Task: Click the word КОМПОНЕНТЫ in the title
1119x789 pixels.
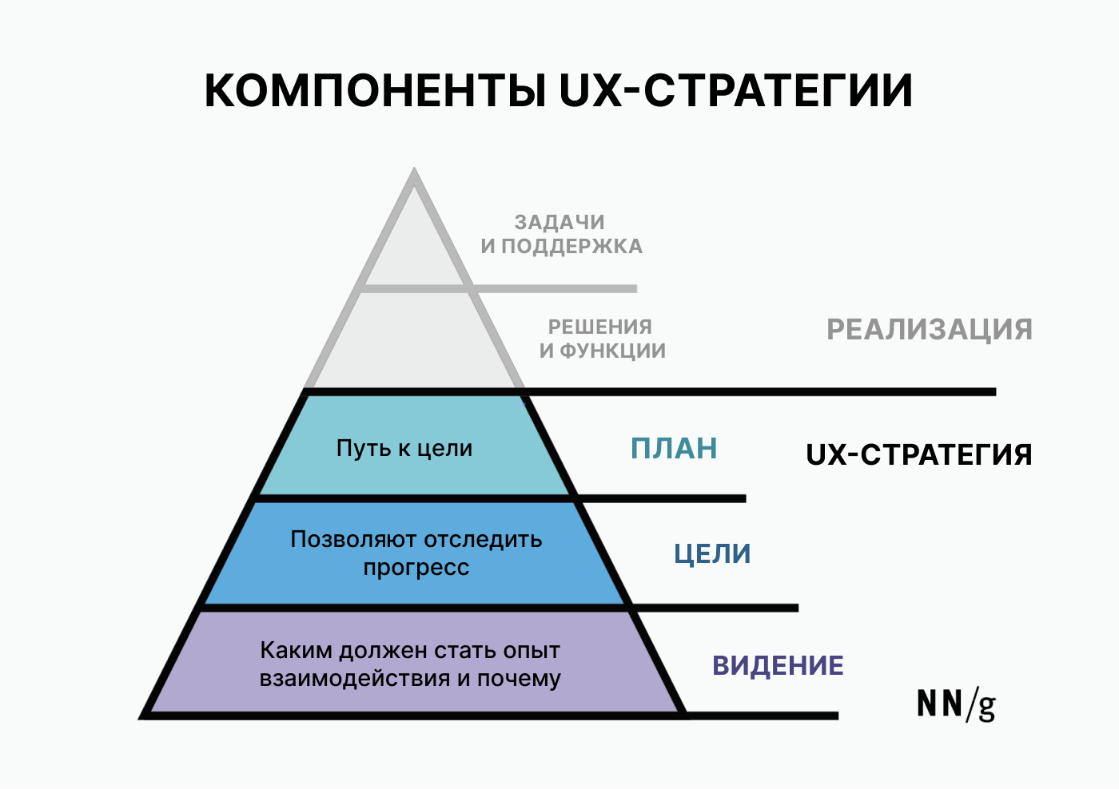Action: pyautogui.click(x=375, y=90)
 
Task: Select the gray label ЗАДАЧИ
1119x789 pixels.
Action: pyautogui.click(x=559, y=223)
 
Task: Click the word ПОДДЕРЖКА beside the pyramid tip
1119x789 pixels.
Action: pyautogui.click(x=572, y=247)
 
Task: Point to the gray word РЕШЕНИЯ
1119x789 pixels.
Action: pyautogui.click(x=600, y=327)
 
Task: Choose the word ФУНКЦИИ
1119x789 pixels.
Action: pyautogui.click(x=612, y=351)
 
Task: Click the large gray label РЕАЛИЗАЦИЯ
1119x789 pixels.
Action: pyautogui.click(x=929, y=329)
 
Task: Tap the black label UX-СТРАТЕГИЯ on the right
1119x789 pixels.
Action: pyautogui.click(x=918, y=454)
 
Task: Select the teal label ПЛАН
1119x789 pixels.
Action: pyautogui.click(x=674, y=448)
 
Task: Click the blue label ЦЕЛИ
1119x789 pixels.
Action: pyautogui.click(x=712, y=554)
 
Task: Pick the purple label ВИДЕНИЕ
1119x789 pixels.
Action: pyautogui.click(x=778, y=665)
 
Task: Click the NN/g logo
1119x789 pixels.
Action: pyautogui.click(x=956, y=706)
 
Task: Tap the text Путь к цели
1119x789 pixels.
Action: pyautogui.click(x=404, y=449)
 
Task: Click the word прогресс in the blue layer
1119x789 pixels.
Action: pyautogui.click(x=416, y=568)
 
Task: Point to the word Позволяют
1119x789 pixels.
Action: pyautogui.click(x=352, y=540)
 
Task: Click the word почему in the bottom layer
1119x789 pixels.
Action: pyautogui.click(x=519, y=680)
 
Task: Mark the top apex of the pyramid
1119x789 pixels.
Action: pyautogui.click(x=414, y=169)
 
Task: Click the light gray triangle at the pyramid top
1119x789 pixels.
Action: pyautogui.click(x=414, y=240)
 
